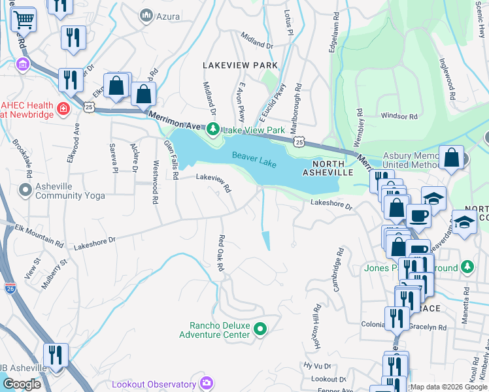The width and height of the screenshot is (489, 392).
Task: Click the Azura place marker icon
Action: point(146,14)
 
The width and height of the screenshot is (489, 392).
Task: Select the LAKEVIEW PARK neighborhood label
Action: point(240,66)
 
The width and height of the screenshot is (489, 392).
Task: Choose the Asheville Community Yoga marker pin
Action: point(25,190)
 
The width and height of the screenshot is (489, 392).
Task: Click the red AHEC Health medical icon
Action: point(64,107)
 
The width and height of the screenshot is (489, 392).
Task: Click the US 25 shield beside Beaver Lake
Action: point(299,142)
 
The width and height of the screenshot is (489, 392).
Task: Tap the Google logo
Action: point(22,384)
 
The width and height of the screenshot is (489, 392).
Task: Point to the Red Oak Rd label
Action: point(221,253)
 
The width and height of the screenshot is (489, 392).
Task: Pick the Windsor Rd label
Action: point(399,116)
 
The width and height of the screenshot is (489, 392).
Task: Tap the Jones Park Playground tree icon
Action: point(467,267)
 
